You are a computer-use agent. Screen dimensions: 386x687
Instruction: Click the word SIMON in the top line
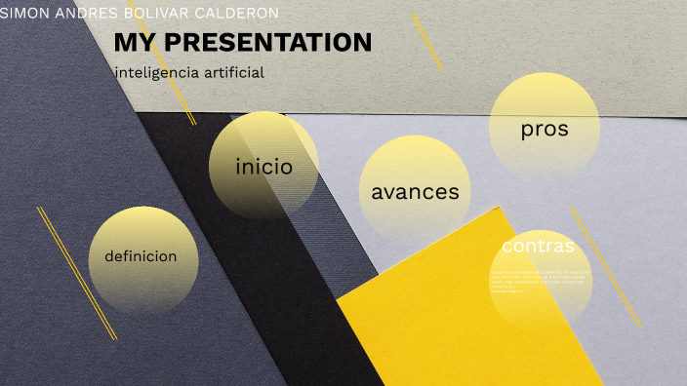tap(23, 14)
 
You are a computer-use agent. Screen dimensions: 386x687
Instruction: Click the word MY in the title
tap(131, 43)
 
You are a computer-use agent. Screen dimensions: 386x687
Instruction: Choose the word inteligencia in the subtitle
tap(155, 73)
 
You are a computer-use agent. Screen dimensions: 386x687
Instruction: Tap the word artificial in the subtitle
tap(232, 73)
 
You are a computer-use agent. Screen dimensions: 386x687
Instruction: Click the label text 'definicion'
tap(141, 257)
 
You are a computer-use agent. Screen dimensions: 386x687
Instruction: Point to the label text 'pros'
tap(544, 129)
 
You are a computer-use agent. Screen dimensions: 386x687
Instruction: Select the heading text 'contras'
tap(538, 246)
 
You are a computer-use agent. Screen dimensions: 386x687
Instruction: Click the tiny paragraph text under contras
tap(536, 280)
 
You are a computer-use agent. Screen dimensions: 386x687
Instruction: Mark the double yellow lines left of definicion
tap(77, 273)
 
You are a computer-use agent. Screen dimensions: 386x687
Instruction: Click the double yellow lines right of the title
tap(427, 41)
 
